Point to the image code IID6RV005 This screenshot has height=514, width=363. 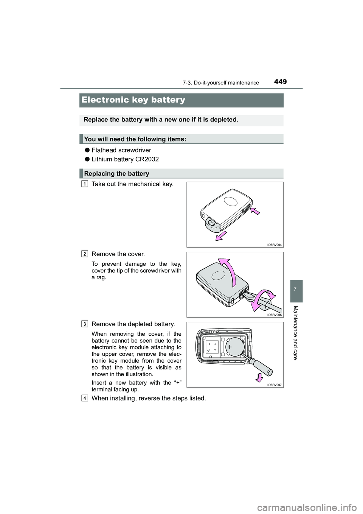(x=274, y=315)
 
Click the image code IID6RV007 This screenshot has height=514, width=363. (x=274, y=385)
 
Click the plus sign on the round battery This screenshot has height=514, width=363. (x=229, y=346)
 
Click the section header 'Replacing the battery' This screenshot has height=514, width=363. (x=117, y=173)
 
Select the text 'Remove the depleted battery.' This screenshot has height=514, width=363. (x=133, y=324)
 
